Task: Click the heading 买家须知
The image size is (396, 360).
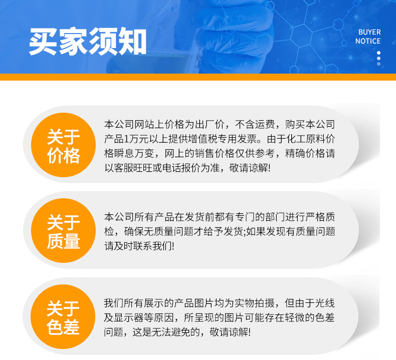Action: [x=88, y=43]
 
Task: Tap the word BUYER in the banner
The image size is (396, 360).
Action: [x=369, y=32]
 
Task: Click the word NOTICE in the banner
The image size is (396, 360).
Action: [x=368, y=42]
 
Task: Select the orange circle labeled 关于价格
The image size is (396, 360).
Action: [x=63, y=145]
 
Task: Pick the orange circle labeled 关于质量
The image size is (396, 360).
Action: [x=63, y=231]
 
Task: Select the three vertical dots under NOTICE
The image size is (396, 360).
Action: [x=378, y=58]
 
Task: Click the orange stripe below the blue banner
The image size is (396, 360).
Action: [x=198, y=77]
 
